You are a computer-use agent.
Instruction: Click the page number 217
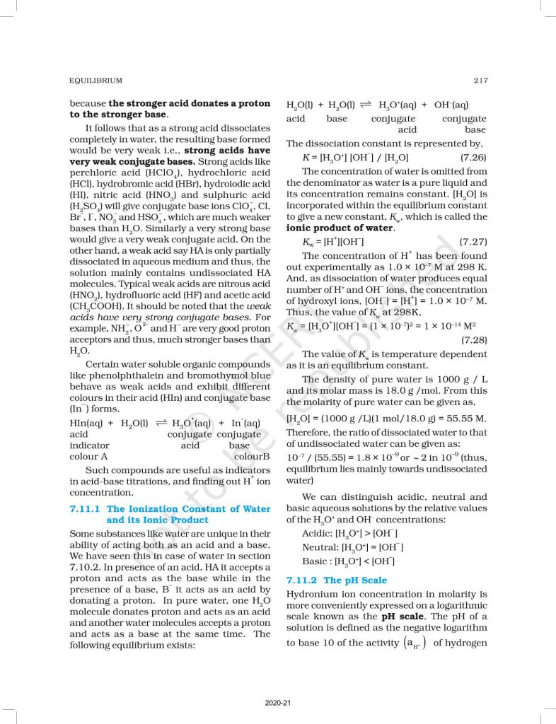click(x=480, y=81)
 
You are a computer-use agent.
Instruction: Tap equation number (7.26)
click(x=473, y=157)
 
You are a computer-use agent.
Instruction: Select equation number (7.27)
click(x=473, y=242)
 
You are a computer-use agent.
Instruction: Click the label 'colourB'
click(x=253, y=456)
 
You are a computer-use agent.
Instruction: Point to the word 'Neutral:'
click(x=320, y=547)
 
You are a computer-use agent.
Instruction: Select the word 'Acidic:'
click(x=318, y=533)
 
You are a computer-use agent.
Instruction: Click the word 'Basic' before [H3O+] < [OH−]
click(x=315, y=561)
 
